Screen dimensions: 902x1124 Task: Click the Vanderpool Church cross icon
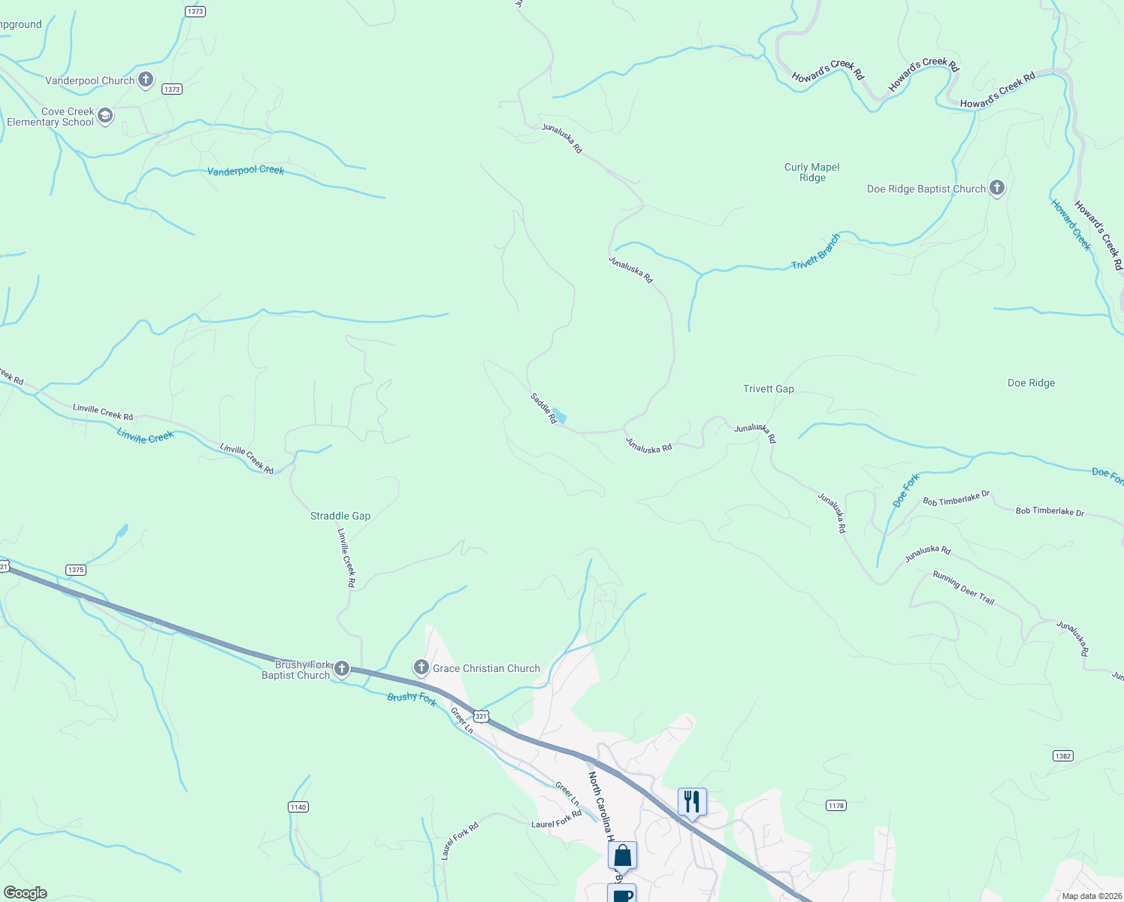[x=146, y=79]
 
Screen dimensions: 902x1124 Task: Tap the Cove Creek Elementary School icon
[x=105, y=116]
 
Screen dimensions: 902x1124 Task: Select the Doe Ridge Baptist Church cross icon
[x=997, y=188]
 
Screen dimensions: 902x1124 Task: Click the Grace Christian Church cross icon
[x=421, y=667]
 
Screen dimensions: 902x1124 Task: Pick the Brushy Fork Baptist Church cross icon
[x=342, y=668]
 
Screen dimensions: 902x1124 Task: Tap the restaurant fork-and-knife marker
[x=692, y=801]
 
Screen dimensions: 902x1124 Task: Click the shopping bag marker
[x=622, y=855]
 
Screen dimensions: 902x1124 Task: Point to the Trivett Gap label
[x=768, y=389]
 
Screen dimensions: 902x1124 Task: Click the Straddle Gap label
[x=340, y=516]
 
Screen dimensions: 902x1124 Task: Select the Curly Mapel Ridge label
[x=811, y=172]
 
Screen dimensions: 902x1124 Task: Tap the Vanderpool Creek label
[x=246, y=171]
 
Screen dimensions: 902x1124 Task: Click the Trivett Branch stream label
[x=816, y=252]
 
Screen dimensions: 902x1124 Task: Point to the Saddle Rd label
[x=543, y=408]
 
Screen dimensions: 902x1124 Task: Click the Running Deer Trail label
[x=963, y=588]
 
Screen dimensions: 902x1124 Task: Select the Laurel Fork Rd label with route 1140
[x=460, y=840]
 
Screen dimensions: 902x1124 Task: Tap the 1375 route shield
[x=76, y=570]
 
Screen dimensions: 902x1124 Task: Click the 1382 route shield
[x=1062, y=755]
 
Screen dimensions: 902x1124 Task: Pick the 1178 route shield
[x=835, y=805]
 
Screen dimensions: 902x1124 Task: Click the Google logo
[x=25, y=893]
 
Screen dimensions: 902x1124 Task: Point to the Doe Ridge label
[x=1031, y=383]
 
